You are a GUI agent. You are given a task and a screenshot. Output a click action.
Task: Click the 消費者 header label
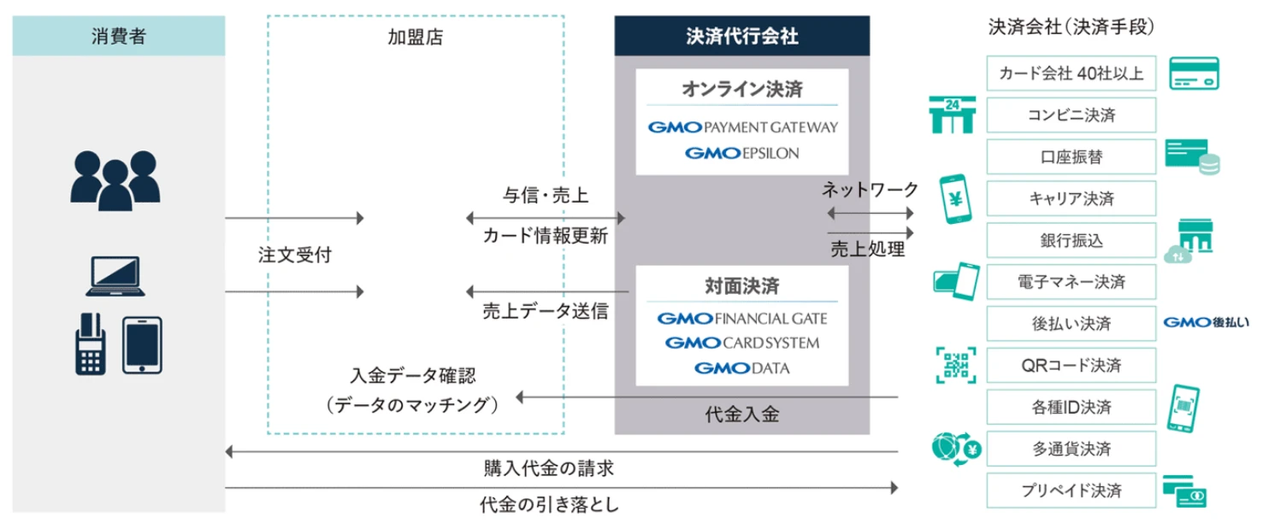click(x=118, y=37)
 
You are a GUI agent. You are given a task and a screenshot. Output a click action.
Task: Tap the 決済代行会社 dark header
click(x=741, y=37)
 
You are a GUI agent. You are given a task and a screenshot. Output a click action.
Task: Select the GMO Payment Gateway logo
click(x=742, y=127)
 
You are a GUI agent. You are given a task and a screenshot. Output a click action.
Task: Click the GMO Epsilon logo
click(x=741, y=154)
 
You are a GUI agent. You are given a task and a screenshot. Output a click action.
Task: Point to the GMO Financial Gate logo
click(x=741, y=319)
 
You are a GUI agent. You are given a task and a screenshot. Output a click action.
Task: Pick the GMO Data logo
click(x=741, y=368)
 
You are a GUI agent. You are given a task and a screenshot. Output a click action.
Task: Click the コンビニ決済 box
click(x=1071, y=115)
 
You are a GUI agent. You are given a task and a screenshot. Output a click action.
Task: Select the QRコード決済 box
click(x=1071, y=366)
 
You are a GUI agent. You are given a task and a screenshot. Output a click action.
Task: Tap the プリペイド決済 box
click(x=1071, y=491)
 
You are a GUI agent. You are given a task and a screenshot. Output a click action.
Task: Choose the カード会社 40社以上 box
click(x=1071, y=73)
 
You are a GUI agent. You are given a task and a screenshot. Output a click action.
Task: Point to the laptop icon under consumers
click(x=115, y=276)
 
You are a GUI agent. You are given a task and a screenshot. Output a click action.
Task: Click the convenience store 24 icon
click(x=952, y=115)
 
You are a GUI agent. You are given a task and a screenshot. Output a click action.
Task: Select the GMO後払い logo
click(x=1206, y=323)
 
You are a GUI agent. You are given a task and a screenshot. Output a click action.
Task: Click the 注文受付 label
click(x=294, y=255)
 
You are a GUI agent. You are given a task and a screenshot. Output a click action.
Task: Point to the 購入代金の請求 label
click(x=548, y=468)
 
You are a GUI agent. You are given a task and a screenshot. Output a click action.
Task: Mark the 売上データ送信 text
click(x=545, y=312)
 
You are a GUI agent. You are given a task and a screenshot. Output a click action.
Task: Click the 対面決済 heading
click(x=741, y=285)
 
